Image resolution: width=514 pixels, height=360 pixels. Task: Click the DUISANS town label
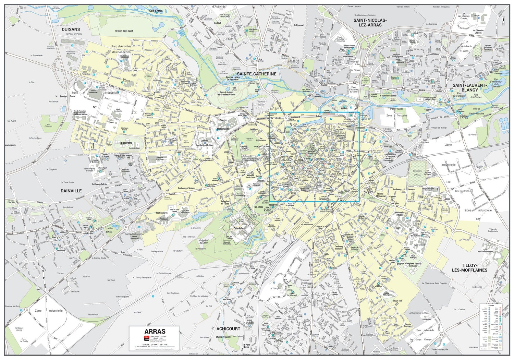click(x=71, y=29)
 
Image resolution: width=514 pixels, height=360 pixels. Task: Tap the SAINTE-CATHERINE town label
click(x=256, y=74)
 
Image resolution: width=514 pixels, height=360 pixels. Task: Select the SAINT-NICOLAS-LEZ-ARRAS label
click(x=370, y=23)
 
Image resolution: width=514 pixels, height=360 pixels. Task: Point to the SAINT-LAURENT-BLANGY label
click(x=469, y=87)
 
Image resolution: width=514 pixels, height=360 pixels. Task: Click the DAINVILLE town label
click(x=71, y=191)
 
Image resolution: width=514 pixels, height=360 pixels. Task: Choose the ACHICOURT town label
click(x=228, y=329)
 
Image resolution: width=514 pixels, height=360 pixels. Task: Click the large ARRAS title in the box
click(x=155, y=332)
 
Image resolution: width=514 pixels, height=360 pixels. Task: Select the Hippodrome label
click(x=125, y=143)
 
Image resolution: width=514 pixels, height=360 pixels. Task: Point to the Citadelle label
click(x=238, y=228)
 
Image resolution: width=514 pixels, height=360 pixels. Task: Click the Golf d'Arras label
click(x=156, y=11)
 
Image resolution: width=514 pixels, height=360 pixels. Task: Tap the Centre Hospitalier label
click(x=223, y=124)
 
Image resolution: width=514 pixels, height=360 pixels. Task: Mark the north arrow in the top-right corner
click(x=503, y=21)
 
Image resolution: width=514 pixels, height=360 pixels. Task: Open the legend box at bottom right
click(x=491, y=327)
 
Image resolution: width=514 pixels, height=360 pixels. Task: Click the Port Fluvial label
click(x=396, y=109)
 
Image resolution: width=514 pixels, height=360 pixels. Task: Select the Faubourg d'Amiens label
click(x=187, y=188)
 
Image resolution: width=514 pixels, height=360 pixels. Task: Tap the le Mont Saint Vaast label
click(x=124, y=31)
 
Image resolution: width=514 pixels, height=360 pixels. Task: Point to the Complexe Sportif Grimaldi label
click(x=413, y=265)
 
